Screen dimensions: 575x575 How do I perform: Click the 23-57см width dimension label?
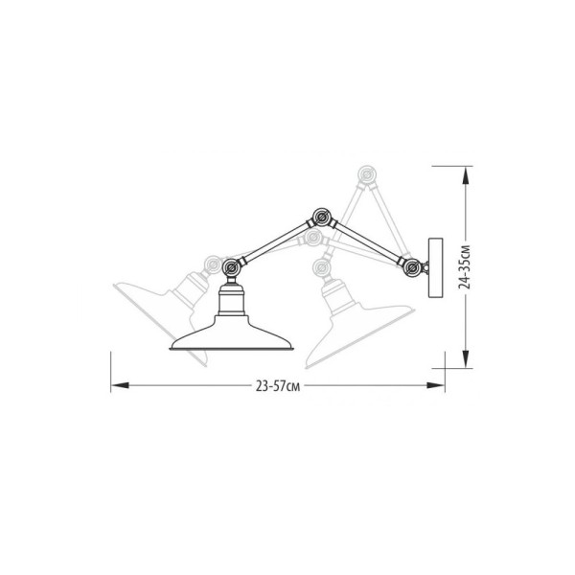(x=278, y=386)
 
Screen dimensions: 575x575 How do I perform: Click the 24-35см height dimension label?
(x=465, y=266)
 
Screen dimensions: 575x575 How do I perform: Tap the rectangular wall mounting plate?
(x=436, y=267)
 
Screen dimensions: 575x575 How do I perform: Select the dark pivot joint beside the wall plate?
(x=412, y=267)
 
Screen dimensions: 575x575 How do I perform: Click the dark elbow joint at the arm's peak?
(x=322, y=218)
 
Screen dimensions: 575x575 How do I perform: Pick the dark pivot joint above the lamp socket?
(x=231, y=267)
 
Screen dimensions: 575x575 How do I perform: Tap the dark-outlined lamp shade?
(x=231, y=333)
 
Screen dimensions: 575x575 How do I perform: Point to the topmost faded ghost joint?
(x=366, y=174)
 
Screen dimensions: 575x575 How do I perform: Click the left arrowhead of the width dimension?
(x=120, y=385)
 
